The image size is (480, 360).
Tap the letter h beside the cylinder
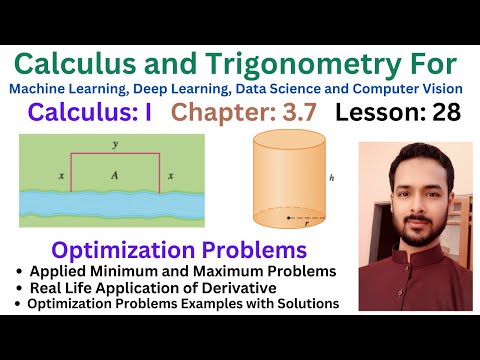(x=343, y=181)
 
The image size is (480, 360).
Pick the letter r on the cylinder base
(x=307, y=224)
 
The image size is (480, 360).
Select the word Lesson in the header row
(x=372, y=112)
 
